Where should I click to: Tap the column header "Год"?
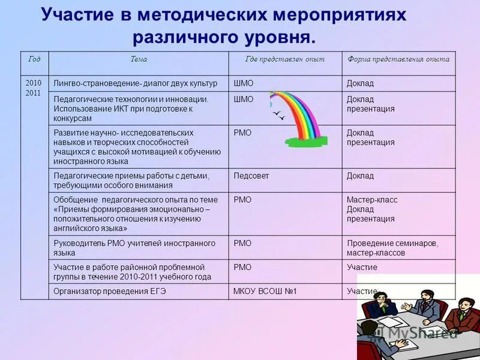34,59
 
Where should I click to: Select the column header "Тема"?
139,59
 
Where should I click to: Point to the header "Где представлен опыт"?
285,59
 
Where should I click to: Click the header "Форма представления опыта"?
398,59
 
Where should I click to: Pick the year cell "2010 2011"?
34,88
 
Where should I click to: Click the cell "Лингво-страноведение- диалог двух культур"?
136,83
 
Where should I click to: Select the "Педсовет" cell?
251,176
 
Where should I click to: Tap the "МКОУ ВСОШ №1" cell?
265,291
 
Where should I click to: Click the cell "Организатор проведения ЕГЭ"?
109,291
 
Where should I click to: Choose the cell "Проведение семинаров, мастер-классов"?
392,248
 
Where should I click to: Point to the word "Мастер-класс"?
372,200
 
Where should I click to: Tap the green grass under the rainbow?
303,142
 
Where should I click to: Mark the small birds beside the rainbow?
278,115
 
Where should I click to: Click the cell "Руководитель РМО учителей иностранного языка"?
134,248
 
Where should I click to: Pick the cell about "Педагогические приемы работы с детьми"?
131,180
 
